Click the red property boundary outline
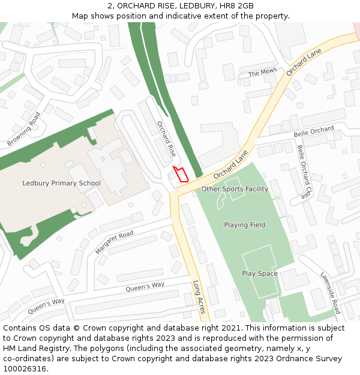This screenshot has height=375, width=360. pyautogui.click(x=181, y=174)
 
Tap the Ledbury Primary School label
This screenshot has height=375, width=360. pyautogui.click(x=61, y=183)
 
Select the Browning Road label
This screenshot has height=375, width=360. pyautogui.click(x=24, y=130)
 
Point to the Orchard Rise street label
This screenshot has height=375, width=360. pyautogui.click(x=166, y=139)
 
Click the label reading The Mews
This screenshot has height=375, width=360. pyautogui.click(x=262, y=73)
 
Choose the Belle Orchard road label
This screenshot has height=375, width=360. pyautogui.click(x=313, y=130)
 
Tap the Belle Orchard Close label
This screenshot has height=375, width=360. pyautogui.click(x=305, y=172)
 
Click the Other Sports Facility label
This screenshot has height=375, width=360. pyautogui.click(x=234, y=189)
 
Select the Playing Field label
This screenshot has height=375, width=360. pyautogui.click(x=244, y=225)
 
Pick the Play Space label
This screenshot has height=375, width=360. pyautogui.click(x=260, y=274)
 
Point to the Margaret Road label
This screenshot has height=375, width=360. pyautogui.click(x=114, y=242)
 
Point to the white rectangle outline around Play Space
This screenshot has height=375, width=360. pyautogui.click(x=243, y=274)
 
